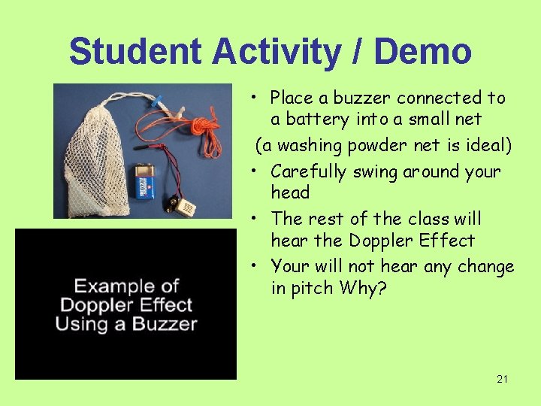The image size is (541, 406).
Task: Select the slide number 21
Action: [502, 380]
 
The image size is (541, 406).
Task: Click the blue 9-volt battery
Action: [145, 182]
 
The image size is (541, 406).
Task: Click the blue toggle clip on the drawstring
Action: [158, 99]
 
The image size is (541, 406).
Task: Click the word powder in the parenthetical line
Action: [358, 144]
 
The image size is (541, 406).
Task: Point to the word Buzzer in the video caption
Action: [165, 325]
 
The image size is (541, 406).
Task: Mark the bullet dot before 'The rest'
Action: [255, 219]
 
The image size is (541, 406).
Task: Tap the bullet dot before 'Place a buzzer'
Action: [255, 98]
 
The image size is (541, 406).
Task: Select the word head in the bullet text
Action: [290, 192]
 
